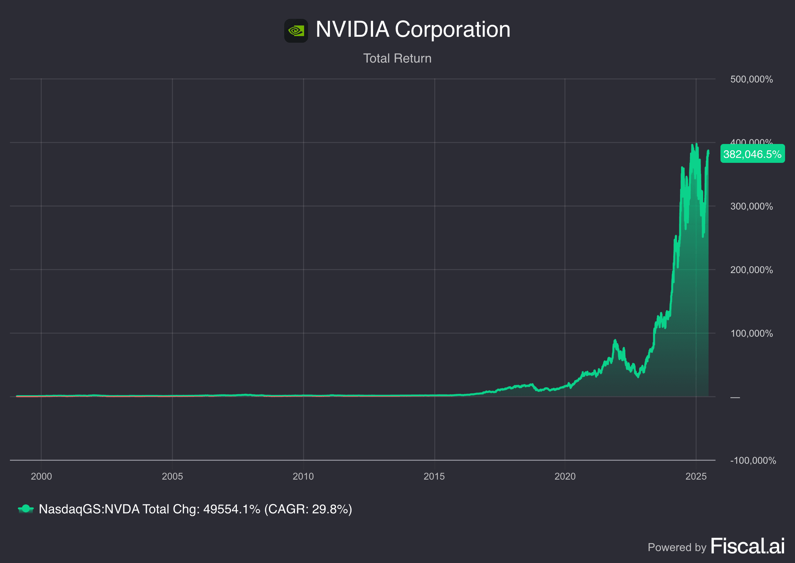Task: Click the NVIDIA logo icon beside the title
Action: point(296,30)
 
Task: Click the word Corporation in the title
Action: point(452,29)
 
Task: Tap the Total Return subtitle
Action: point(397,58)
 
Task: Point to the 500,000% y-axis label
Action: point(751,79)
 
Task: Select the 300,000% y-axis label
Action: point(751,206)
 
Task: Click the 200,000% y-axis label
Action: point(751,270)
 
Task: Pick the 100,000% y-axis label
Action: point(751,334)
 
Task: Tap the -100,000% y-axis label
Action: point(753,460)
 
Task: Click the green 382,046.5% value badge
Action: point(752,154)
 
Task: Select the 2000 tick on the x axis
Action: point(41,476)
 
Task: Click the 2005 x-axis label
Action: point(172,476)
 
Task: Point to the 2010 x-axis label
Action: point(303,476)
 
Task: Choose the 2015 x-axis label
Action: point(434,476)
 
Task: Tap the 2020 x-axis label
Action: point(565,476)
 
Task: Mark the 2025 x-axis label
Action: point(696,476)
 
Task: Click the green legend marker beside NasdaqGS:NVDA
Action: point(26,509)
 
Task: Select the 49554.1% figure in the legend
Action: point(231,509)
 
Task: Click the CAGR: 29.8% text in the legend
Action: point(308,509)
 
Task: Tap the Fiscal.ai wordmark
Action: point(748,546)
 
